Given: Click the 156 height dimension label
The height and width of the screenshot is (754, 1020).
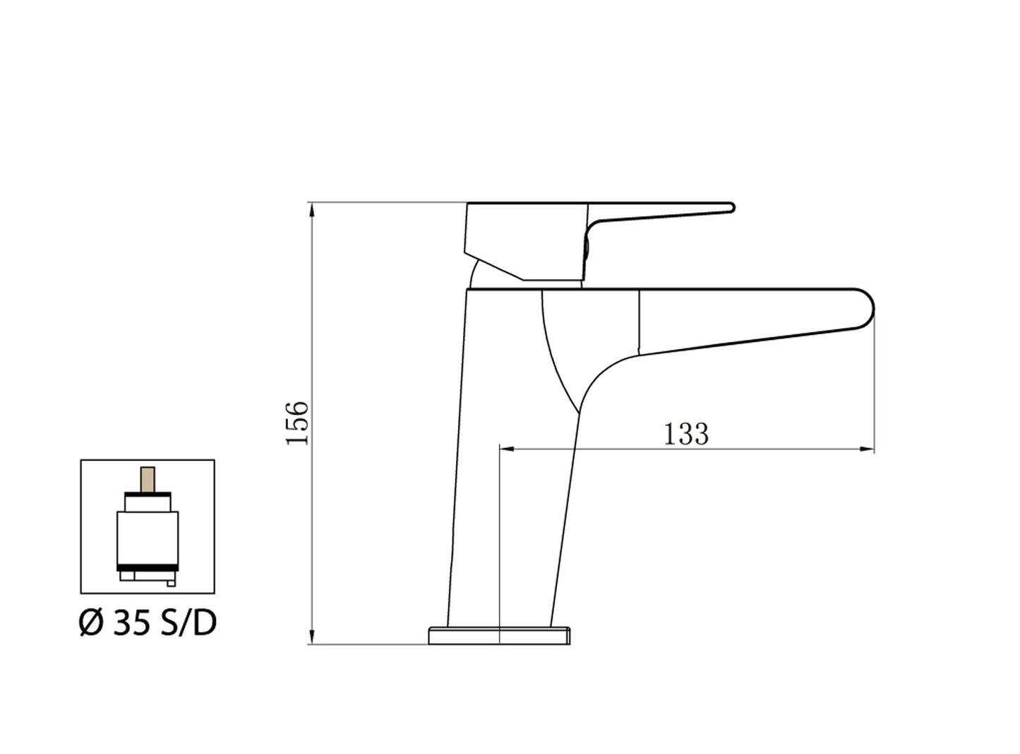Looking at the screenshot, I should pyautogui.click(x=298, y=423).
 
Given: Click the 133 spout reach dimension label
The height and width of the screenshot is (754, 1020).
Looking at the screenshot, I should pyautogui.click(x=685, y=433).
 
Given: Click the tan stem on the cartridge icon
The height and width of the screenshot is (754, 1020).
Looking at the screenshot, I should pyautogui.click(x=148, y=478).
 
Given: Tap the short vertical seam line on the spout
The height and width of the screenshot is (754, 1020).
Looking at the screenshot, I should pyautogui.click(x=638, y=322).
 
